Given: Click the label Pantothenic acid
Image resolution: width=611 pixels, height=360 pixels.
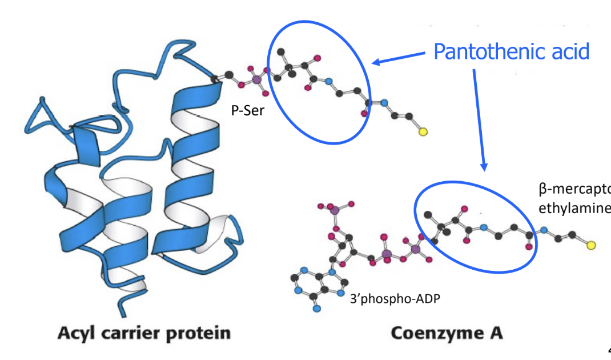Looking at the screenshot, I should (511, 51).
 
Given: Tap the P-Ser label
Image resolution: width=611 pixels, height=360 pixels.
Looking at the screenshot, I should (248, 111).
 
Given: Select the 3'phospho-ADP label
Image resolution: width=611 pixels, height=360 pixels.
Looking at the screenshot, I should (395, 298).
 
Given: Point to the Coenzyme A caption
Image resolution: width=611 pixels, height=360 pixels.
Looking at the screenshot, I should (447, 333).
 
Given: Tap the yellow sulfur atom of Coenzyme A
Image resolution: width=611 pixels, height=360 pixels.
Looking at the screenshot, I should (591, 246).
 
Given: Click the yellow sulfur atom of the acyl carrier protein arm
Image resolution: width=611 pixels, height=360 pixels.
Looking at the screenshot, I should (423, 132).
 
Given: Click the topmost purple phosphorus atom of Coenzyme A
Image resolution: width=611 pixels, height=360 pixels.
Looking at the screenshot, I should (335, 211).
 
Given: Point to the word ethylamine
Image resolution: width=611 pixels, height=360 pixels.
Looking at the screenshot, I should (574, 206).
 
